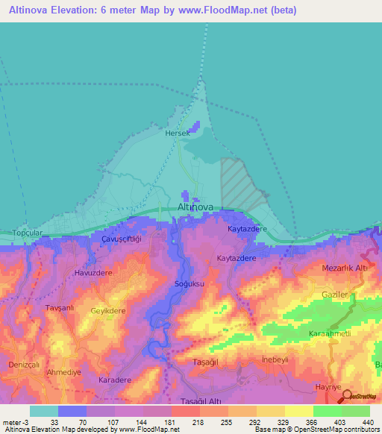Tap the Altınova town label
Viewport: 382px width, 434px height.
point(196,207)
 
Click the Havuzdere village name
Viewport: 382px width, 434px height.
point(93,273)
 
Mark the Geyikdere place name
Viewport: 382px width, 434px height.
point(107,310)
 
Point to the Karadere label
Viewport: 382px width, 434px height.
point(114,380)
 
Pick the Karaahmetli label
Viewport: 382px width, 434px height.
point(330,333)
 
